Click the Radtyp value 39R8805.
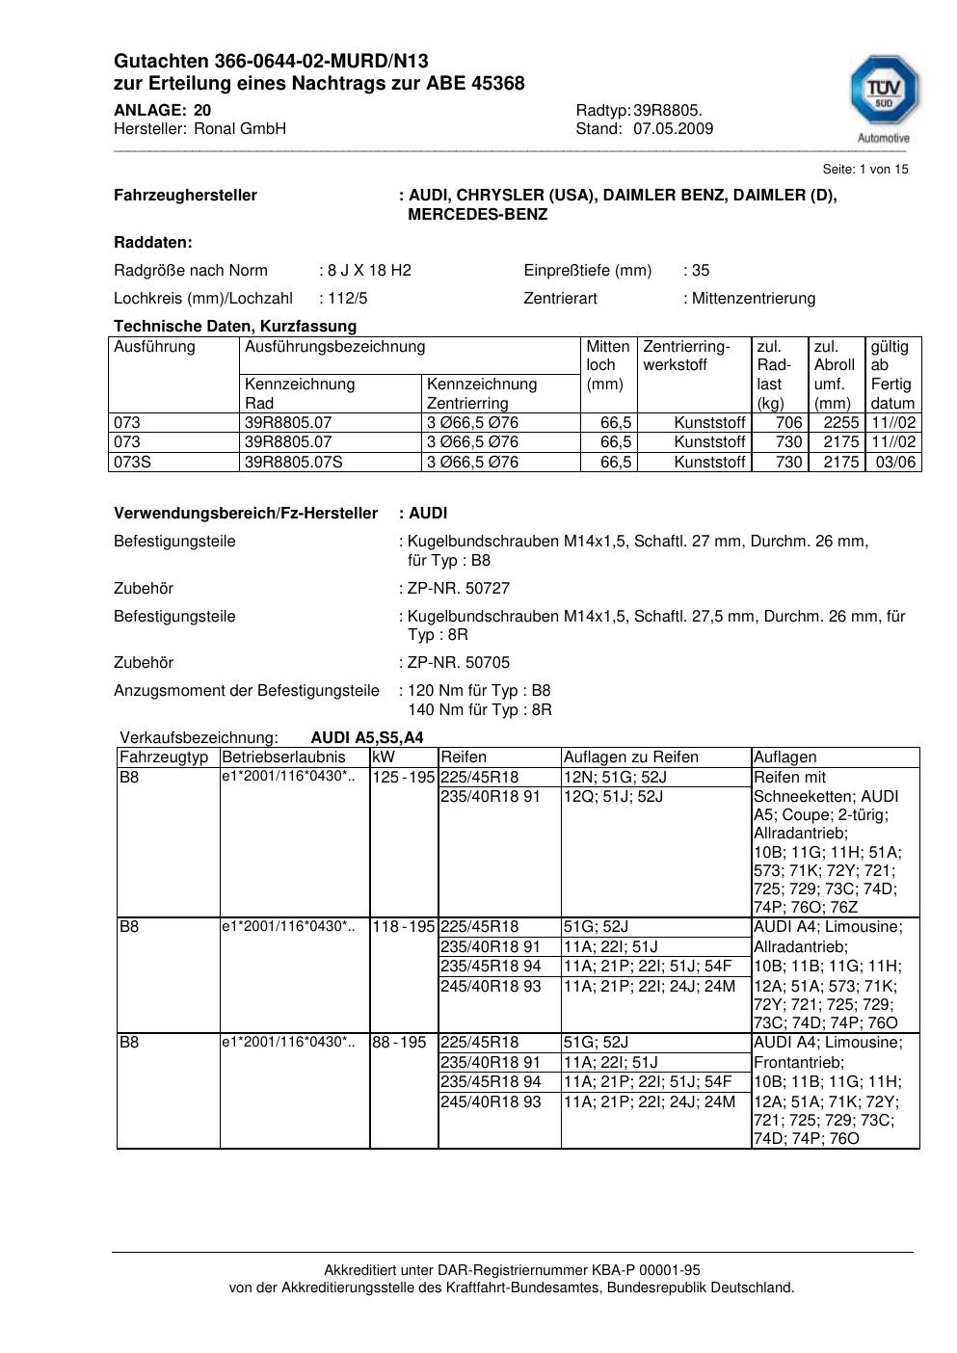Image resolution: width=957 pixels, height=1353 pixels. [668, 110]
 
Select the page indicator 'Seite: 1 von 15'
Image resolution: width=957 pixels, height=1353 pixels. [864, 170]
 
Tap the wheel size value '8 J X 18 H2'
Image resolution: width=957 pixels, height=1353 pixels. [369, 270]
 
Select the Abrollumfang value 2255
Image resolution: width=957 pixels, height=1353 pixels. [840, 422]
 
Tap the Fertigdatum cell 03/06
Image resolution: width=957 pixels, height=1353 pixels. [895, 462]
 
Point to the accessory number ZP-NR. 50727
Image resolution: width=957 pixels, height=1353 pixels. [459, 588]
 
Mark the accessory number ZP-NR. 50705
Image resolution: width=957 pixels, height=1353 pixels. [459, 662]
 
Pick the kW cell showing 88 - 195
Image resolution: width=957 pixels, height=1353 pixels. [399, 1043]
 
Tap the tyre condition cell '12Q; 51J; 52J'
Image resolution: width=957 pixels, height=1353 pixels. [613, 797]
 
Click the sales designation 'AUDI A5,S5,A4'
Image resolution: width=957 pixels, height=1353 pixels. [366, 738]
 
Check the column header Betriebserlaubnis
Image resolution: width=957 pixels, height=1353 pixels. [283, 757]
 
